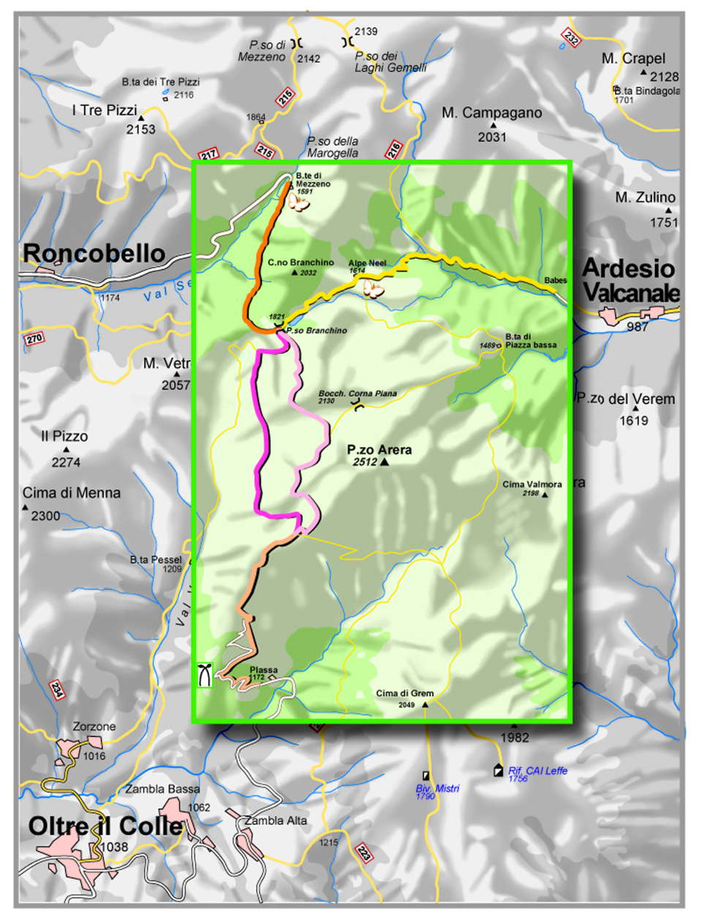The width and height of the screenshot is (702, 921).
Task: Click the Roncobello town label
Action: click(x=94, y=253)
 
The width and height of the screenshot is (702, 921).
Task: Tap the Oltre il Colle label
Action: click(x=105, y=826)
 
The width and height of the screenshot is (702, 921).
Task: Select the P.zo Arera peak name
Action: click(x=380, y=449)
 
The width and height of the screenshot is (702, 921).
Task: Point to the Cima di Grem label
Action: click(x=404, y=693)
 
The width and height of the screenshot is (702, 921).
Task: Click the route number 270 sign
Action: click(x=34, y=339)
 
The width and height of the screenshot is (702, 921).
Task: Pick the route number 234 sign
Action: click(x=57, y=690)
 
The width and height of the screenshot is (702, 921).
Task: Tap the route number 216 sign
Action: click(x=394, y=150)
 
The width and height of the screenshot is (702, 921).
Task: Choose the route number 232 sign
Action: click(x=570, y=37)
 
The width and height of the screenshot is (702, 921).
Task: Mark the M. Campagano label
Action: click(x=492, y=113)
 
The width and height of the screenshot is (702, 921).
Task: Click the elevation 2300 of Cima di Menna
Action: click(x=45, y=516)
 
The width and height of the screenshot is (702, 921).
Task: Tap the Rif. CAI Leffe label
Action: click(x=537, y=770)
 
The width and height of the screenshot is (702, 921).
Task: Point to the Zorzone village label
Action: click(x=94, y=726)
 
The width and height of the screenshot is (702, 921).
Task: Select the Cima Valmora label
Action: click(x=532, y=484)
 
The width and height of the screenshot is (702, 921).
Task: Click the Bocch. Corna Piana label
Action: click(x=358, y=393)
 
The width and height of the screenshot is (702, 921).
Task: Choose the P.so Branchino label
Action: click(x=316, y=331)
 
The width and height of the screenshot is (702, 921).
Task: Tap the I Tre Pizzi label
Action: click(x=105, y=110)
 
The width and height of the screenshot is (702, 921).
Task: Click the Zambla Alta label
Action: click(x=276, y=821)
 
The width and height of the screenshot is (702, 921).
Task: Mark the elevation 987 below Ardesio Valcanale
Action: click(x=638, y=326)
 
